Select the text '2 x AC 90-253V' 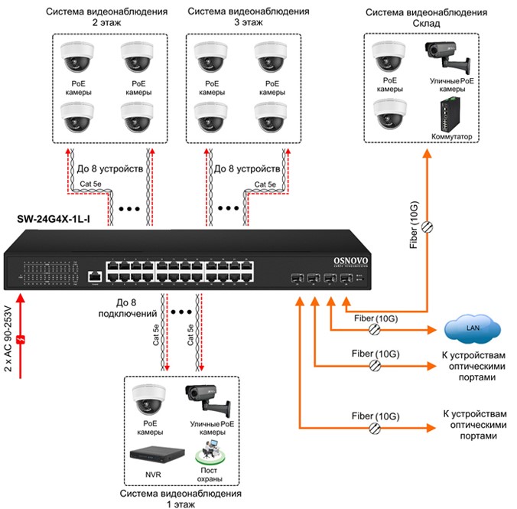8,338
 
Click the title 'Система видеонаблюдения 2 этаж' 106,18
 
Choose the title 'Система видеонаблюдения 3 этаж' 239,18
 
